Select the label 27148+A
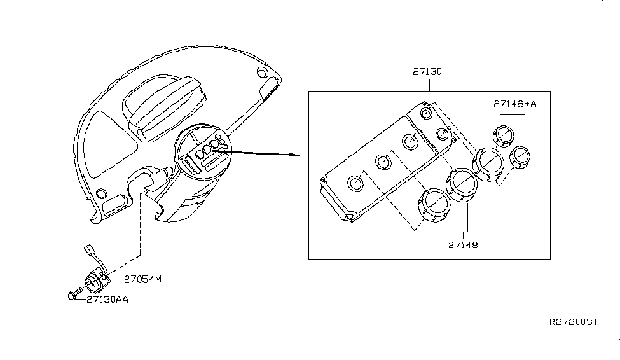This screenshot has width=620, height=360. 514,104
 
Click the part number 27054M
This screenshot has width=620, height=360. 143,279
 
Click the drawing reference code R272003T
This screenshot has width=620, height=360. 574,322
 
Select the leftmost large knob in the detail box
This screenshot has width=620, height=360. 433,205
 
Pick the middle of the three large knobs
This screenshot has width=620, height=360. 463,184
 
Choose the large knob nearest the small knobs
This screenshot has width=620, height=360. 490,164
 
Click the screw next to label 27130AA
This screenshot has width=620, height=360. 72,296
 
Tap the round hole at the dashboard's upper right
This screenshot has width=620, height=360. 259,72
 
